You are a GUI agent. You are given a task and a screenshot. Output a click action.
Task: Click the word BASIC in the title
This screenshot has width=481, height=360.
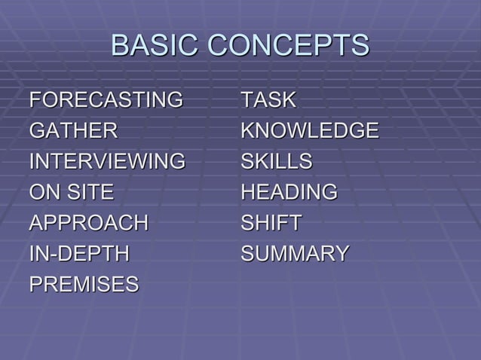pyautogui.click(x=155, y=45)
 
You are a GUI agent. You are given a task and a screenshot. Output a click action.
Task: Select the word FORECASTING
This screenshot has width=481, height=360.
pyautogui.click(x=106, y=99)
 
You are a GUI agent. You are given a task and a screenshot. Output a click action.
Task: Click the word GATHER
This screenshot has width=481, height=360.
pyautogui.click(x=73, y=130)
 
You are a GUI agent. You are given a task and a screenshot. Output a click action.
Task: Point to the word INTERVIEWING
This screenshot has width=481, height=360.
pyautogui.click(x=106, y=161)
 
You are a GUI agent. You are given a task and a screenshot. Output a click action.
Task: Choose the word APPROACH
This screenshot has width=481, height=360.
pyautogui.click(x=89, y=223)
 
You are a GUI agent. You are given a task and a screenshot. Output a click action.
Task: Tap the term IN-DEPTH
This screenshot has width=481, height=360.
pyautogui.click(x=79, y=254)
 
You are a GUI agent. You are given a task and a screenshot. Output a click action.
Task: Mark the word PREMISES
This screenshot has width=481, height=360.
pyautogui.click(x=84, y=285)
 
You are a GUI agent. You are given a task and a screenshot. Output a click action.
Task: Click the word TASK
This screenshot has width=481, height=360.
pyautogui.click(x=268, y=99)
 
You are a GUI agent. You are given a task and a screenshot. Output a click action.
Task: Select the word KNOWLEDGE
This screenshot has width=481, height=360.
pyautogui.click(x=309, y=130)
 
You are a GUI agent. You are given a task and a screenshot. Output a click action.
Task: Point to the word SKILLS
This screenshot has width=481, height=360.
pyautogui.click(x=276, y=161)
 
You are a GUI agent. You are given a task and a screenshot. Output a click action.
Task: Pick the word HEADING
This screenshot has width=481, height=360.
pyautogui.click(x=289, y=192)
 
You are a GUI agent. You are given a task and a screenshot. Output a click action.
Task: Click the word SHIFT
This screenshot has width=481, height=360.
pyautogui.click(x=271, y=223)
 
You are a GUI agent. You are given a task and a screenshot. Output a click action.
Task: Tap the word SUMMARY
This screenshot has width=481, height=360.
pyautogui.click(x=295, y=254)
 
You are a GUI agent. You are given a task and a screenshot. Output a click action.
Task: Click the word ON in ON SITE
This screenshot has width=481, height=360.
pyautogui.click(x=42, y=192)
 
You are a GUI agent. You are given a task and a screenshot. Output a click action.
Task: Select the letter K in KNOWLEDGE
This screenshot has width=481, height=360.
pyautogui.click(x=247, y=130)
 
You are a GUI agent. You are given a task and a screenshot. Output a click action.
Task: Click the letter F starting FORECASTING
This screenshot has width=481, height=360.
pyautogui.click(x=35, y=99)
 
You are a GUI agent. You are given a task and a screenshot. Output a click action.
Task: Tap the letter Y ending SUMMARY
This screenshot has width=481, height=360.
pyautogui.click(x=342, y=254)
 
